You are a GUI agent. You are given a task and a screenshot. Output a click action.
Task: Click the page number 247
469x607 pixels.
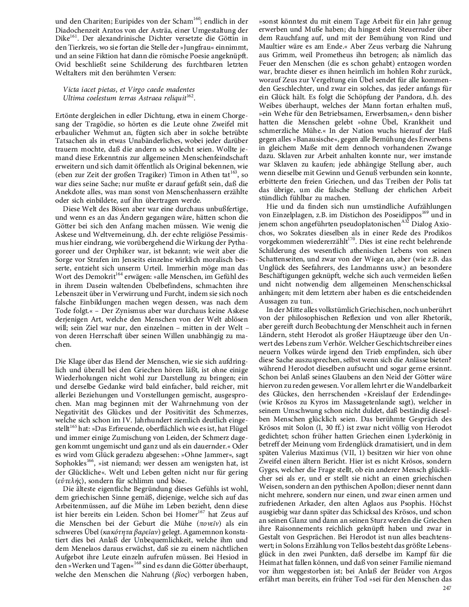click(447, 587)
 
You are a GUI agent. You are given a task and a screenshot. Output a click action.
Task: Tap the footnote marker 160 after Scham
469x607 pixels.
click(197, 19)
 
